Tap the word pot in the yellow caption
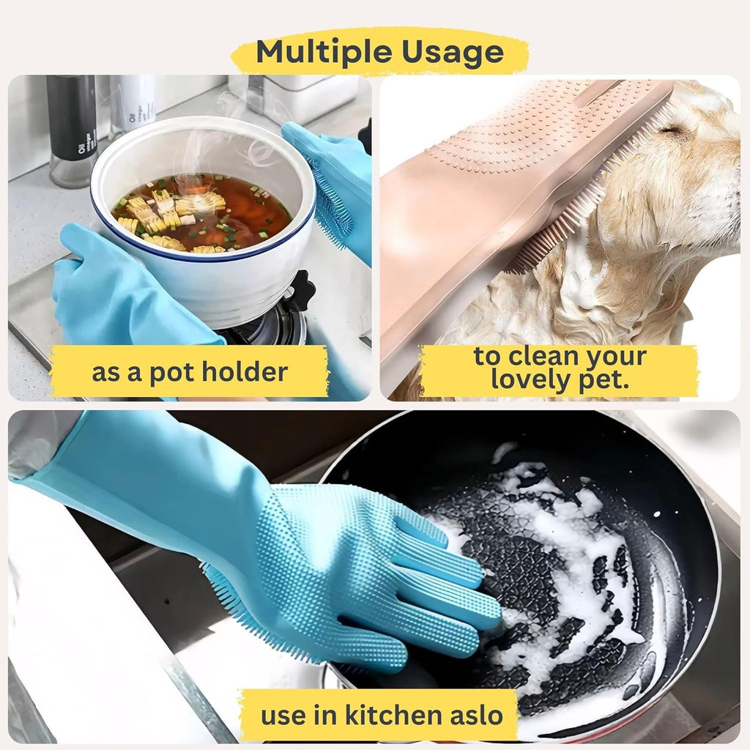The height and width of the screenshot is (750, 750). pos(171,373)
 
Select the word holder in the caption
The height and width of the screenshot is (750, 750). pos(245,371)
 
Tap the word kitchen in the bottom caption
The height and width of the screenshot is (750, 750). pos(393,715)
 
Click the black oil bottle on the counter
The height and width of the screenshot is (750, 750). pos(72,128)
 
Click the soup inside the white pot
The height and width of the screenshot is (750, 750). pos(201,213)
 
